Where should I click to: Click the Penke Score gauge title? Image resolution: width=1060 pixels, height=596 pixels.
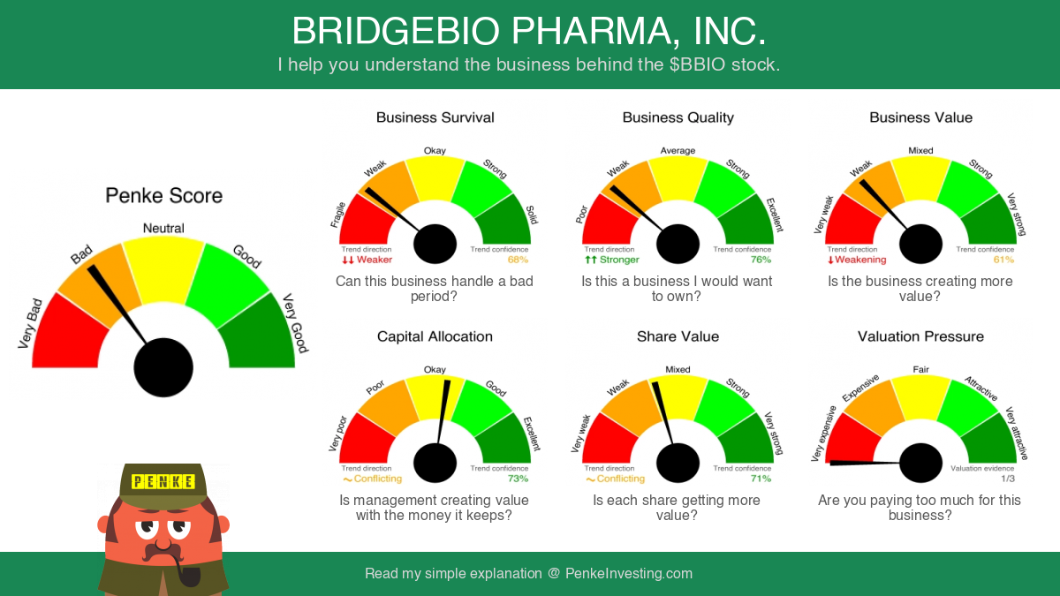[x=163, y=195]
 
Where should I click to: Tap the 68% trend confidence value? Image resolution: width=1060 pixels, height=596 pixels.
[x=518, y=260]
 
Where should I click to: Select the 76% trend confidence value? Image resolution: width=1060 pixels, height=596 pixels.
[x=761, y=260]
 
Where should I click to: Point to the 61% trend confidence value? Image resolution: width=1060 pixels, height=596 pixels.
[x=1003, y=260]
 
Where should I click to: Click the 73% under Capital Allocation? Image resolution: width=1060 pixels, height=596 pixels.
[x=518, y=479]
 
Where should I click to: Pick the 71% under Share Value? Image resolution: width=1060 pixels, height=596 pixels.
[x=761, y=479]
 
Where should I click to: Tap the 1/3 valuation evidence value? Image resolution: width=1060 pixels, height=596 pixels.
[x=1008, y=479]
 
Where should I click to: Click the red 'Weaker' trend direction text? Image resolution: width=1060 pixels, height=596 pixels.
[x=375, y=260]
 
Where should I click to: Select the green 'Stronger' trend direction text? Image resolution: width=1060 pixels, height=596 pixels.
[x=619, y=260]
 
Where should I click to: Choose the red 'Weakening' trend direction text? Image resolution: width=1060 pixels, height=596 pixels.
[x=860, y=260]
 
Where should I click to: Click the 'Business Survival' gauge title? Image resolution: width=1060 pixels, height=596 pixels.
[x=435, y=117]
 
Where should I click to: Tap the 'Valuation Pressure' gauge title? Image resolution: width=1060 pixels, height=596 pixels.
[x=920, y=336]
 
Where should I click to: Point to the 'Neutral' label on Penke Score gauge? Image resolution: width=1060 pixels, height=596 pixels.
[x=163, y=228]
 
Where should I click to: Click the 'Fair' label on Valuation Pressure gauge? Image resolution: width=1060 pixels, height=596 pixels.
[x=920, y=369]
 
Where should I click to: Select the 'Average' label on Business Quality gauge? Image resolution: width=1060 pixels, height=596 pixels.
[x=678, y=150]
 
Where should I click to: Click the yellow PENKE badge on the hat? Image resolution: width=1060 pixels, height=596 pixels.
[x=163, y=482]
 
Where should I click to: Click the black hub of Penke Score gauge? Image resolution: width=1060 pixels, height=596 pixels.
[x=163, y=367]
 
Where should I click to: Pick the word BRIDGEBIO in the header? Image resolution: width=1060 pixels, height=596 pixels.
[x=396, y=31]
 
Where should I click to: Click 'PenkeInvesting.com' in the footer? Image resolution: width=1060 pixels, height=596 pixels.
[x=629, y=573]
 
